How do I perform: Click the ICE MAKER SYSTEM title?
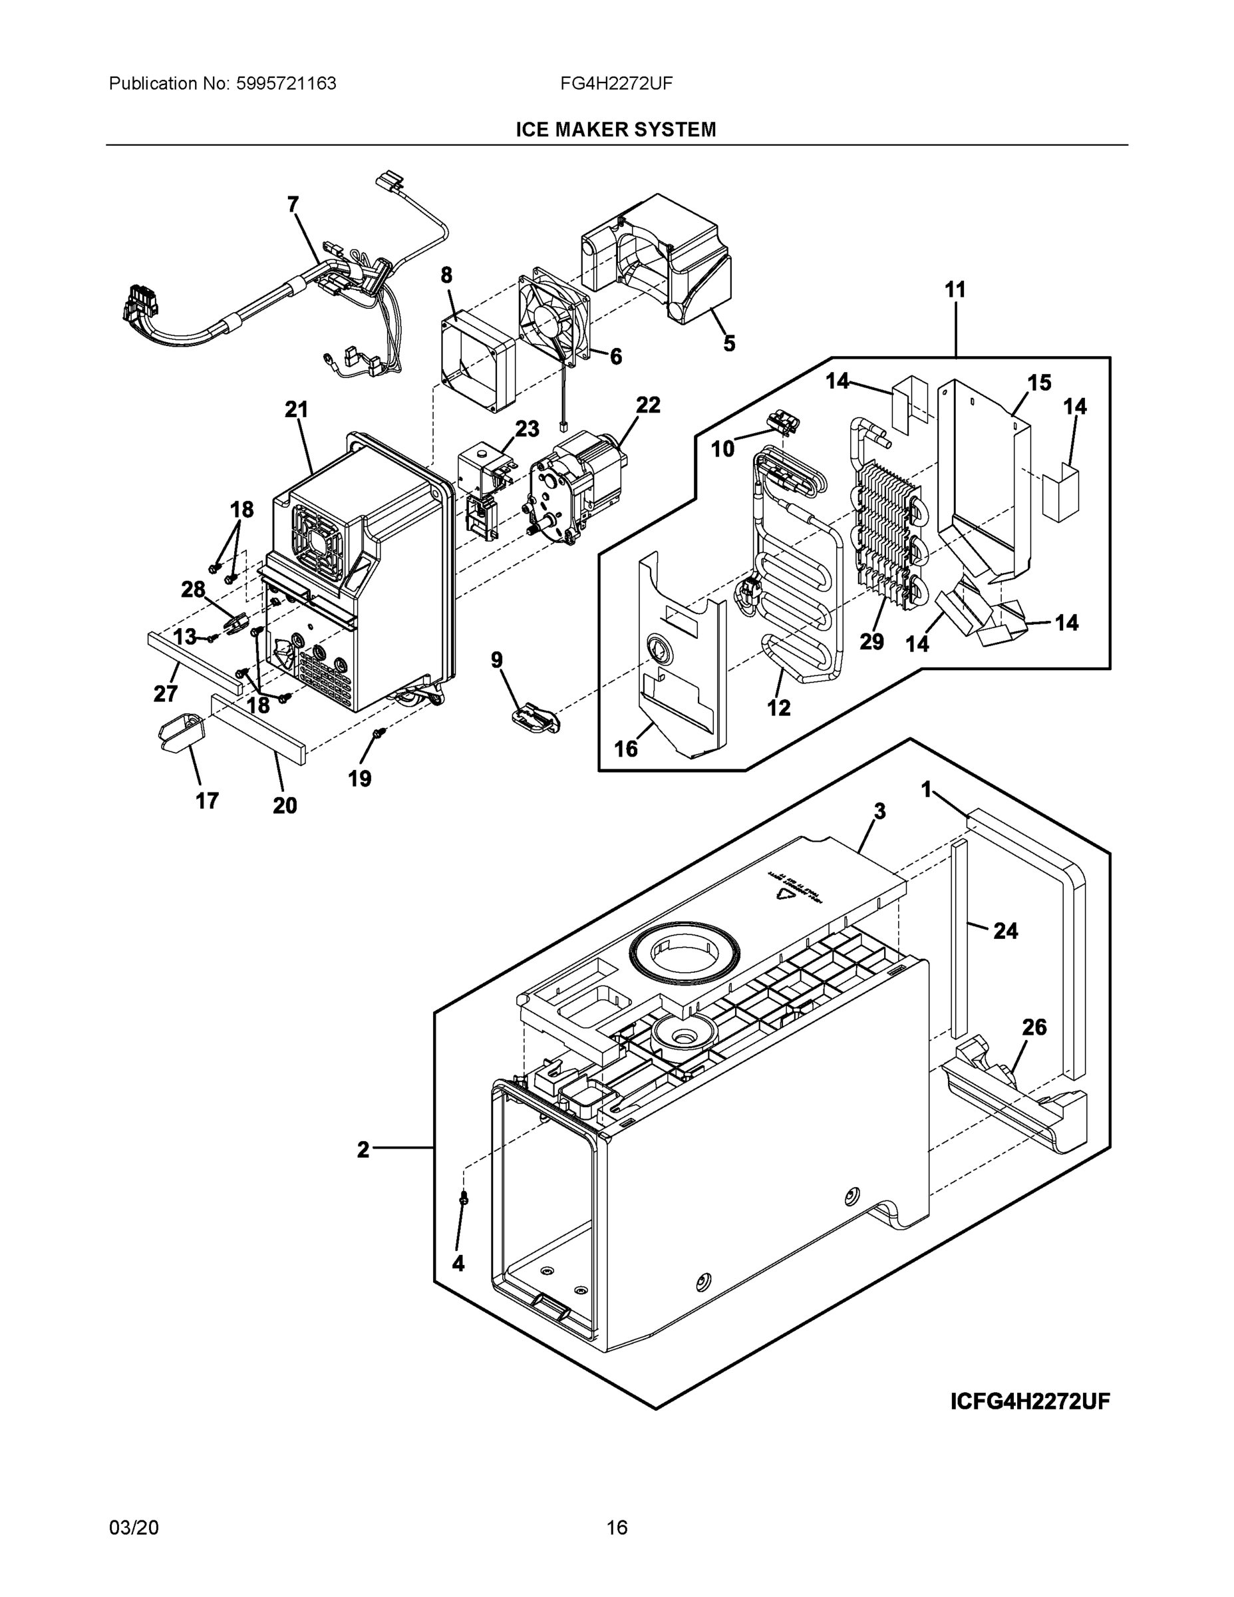click(615, 130)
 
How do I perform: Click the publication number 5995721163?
click(286, 84)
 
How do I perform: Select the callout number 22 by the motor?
click(647, 405)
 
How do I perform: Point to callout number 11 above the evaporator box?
click(955, 290)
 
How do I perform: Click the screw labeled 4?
click(464, 1200)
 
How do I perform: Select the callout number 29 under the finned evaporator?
click(871, 642)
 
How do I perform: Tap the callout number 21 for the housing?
click(296, 410)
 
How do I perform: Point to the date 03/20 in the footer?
click(134, 1528)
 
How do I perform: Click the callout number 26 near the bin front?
click(1034, 1027)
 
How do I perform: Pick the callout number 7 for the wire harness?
click(293, 205)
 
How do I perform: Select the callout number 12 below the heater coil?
click(778, 708)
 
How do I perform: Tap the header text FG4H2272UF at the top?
click(616, 84)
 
